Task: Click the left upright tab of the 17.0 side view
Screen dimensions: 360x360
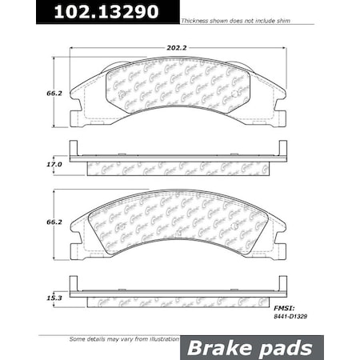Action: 74,148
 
